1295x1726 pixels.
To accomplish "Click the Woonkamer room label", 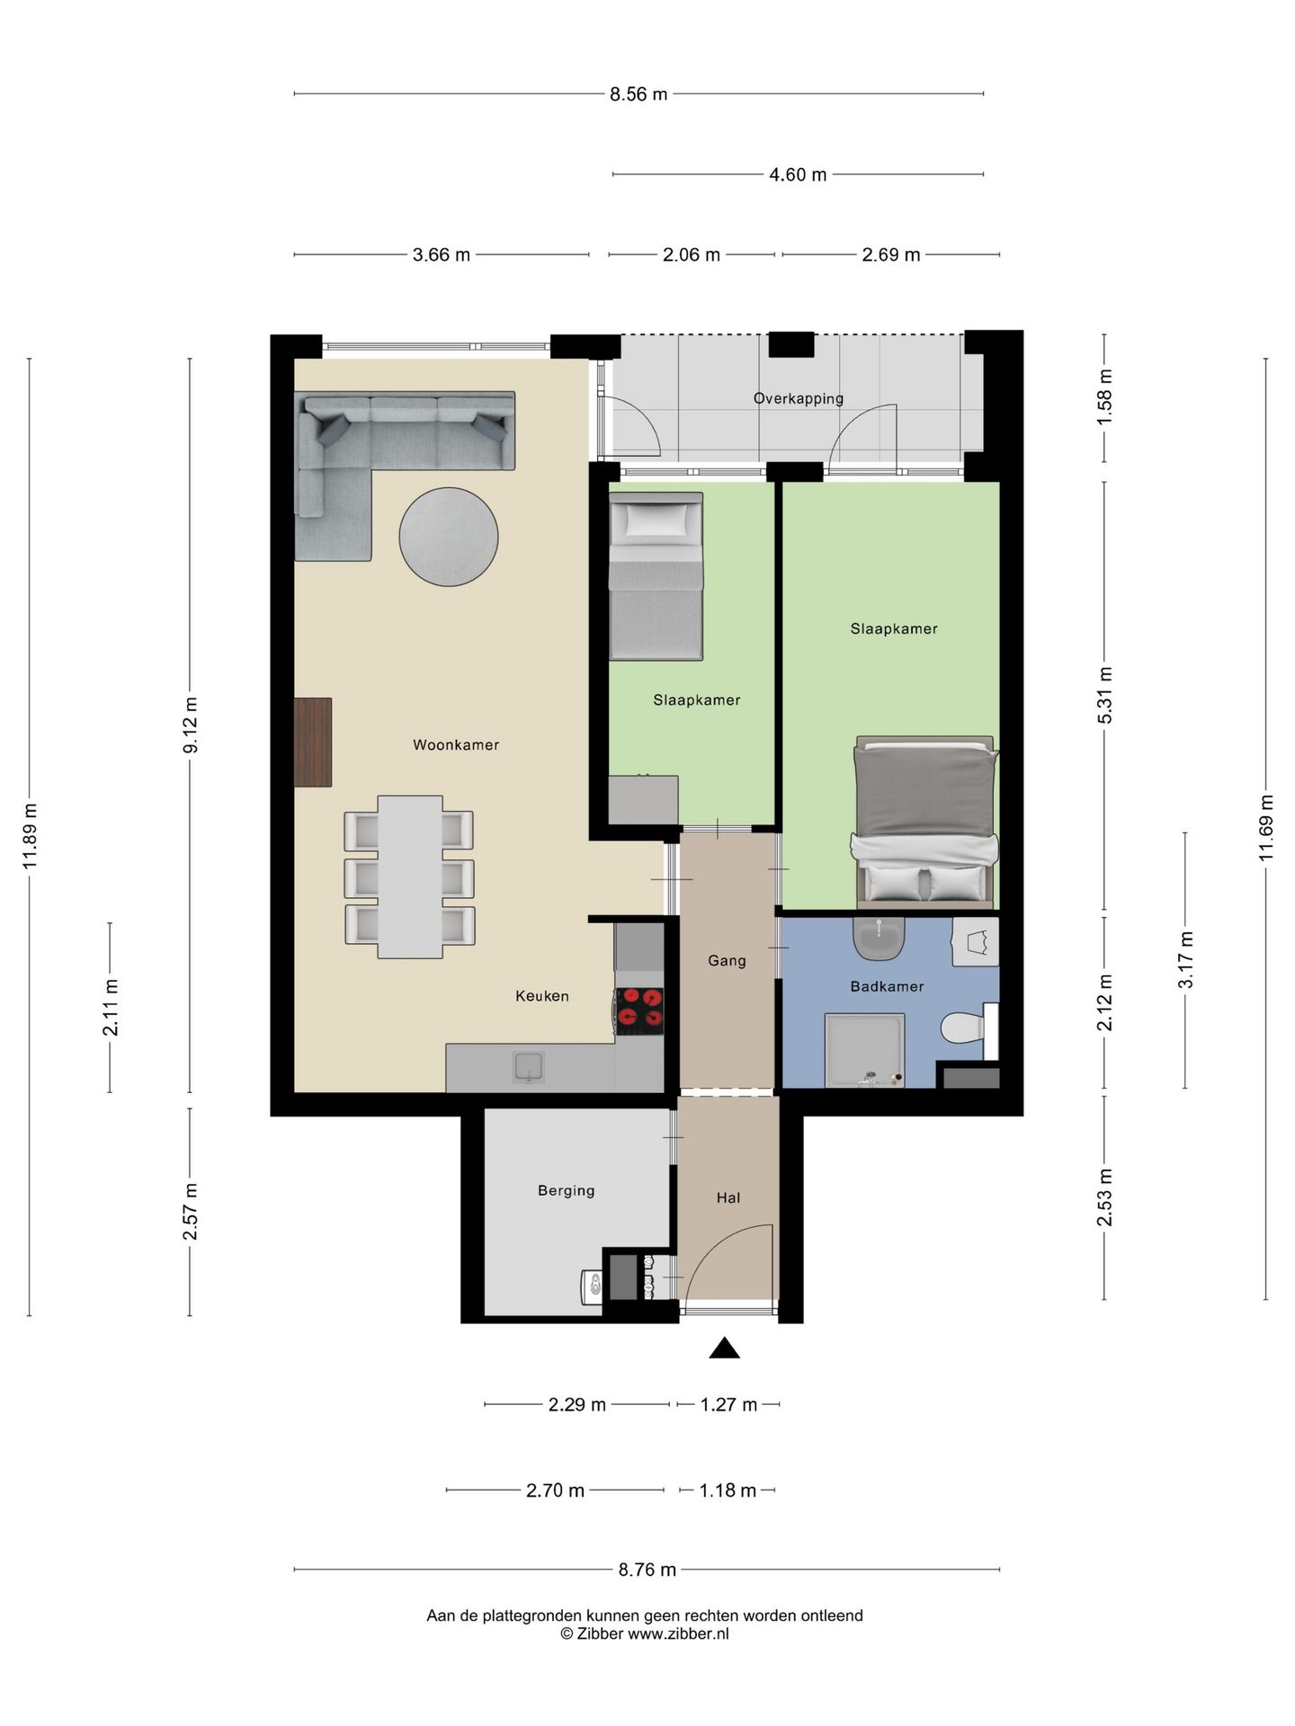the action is (x=456, y=744).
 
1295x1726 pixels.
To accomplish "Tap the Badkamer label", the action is (x=887, y=986).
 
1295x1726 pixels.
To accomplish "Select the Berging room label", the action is (x=566, y=1190).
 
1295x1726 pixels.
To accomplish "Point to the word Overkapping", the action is (x=799, y=398).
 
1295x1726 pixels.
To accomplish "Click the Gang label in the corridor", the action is (x=727, y=961).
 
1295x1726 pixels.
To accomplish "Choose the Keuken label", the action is (x=541, y=996).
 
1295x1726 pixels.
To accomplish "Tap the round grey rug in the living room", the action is (x=449, y=537).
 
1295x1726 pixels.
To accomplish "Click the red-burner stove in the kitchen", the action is (x=639, y=1011).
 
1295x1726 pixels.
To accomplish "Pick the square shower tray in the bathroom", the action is (x=865, y=1051).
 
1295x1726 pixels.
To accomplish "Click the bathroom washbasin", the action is (x=879, y=939).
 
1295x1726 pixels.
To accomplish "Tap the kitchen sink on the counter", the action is (x=529, y=1067).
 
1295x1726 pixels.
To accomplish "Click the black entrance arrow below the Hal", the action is (x=724, y=1348).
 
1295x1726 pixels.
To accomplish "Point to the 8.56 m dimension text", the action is (x=639, y=94).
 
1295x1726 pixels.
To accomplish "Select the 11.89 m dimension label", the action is (x=30, y=835).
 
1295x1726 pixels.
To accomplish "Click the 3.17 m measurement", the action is (x=1186, y=960).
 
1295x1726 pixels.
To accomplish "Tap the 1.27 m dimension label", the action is (x=728, y=1404).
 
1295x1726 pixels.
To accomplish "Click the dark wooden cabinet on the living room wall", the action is (x=313, y=743).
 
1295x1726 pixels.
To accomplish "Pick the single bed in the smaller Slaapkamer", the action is (x=656, y=576).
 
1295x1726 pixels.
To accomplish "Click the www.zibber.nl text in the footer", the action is (x=678, y=1634).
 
